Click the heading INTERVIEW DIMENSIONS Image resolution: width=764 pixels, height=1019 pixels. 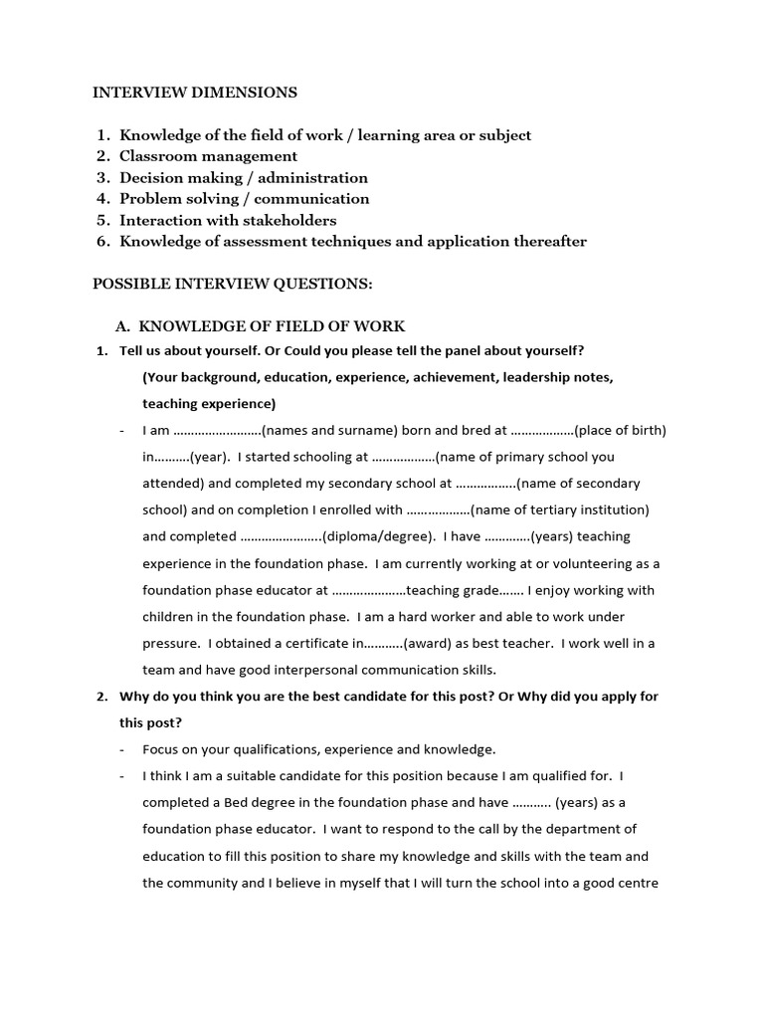(x=195, y=93)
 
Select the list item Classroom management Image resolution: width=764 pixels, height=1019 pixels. (x=208, y=156)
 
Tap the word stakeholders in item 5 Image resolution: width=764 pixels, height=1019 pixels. (x=288, y=220)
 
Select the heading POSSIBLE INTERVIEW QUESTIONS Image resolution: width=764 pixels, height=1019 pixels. (x=233, y=284)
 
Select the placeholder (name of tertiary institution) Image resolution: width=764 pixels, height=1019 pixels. (x=560, y=510)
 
